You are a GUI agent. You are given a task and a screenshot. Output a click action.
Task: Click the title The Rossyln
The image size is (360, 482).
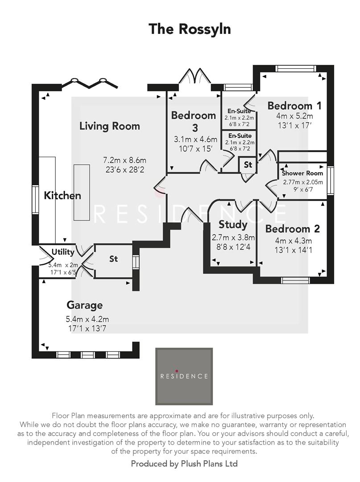coord(190,29)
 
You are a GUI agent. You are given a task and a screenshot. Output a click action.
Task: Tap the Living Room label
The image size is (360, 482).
coord(109,126)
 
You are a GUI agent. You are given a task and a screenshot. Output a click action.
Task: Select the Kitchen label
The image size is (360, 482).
coord(62,195)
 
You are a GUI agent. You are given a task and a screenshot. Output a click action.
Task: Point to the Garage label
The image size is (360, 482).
coord(84,305)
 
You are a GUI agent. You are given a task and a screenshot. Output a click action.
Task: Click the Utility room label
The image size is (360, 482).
coord(63,252)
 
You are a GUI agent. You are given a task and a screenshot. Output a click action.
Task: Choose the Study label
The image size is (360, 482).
coord(233,224)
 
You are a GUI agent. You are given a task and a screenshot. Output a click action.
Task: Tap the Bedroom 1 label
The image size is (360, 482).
coord(294,106)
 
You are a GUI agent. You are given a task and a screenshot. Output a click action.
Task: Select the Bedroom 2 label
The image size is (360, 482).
coord(292,229)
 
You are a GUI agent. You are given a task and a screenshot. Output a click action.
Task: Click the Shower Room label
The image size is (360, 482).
coord(302,173)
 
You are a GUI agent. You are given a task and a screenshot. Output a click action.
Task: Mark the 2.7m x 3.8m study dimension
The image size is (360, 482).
coord(233,237)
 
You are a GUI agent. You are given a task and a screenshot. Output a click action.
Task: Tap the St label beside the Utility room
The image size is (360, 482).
coord(113,258)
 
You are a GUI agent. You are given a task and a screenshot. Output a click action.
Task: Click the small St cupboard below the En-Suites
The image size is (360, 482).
coord(248,165)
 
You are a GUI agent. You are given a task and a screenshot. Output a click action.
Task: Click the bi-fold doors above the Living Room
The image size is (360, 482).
coord(89,83)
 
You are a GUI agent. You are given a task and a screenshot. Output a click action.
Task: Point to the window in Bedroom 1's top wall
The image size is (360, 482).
coord(290,68)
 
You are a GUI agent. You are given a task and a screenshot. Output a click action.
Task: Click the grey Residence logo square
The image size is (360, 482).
coord(184,376)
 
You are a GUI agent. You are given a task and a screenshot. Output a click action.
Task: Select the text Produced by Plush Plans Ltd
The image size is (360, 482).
coord(184,464)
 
